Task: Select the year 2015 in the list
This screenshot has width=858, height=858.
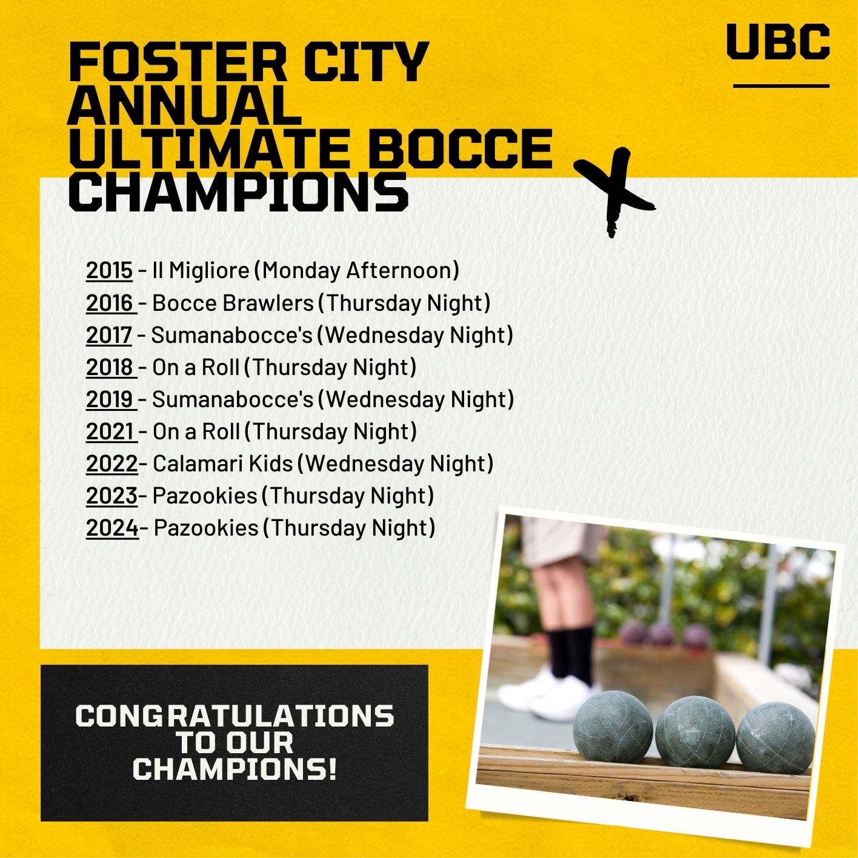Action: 109,270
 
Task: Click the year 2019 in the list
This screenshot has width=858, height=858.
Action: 110,399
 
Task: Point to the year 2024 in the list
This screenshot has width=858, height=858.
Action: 112,528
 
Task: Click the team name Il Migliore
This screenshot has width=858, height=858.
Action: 201,271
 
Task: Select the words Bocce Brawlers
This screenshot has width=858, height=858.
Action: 233,303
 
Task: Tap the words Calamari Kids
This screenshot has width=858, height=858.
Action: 222,464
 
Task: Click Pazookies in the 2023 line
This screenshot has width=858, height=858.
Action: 205,496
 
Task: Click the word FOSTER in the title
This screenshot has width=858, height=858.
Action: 178,61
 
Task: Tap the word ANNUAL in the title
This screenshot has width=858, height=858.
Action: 185,105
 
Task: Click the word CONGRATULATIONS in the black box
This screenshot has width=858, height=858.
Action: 234,716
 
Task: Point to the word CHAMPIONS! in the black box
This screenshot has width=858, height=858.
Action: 234,769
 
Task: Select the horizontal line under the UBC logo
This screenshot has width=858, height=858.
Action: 781,86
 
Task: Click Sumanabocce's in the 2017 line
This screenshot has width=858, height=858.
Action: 232,335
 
